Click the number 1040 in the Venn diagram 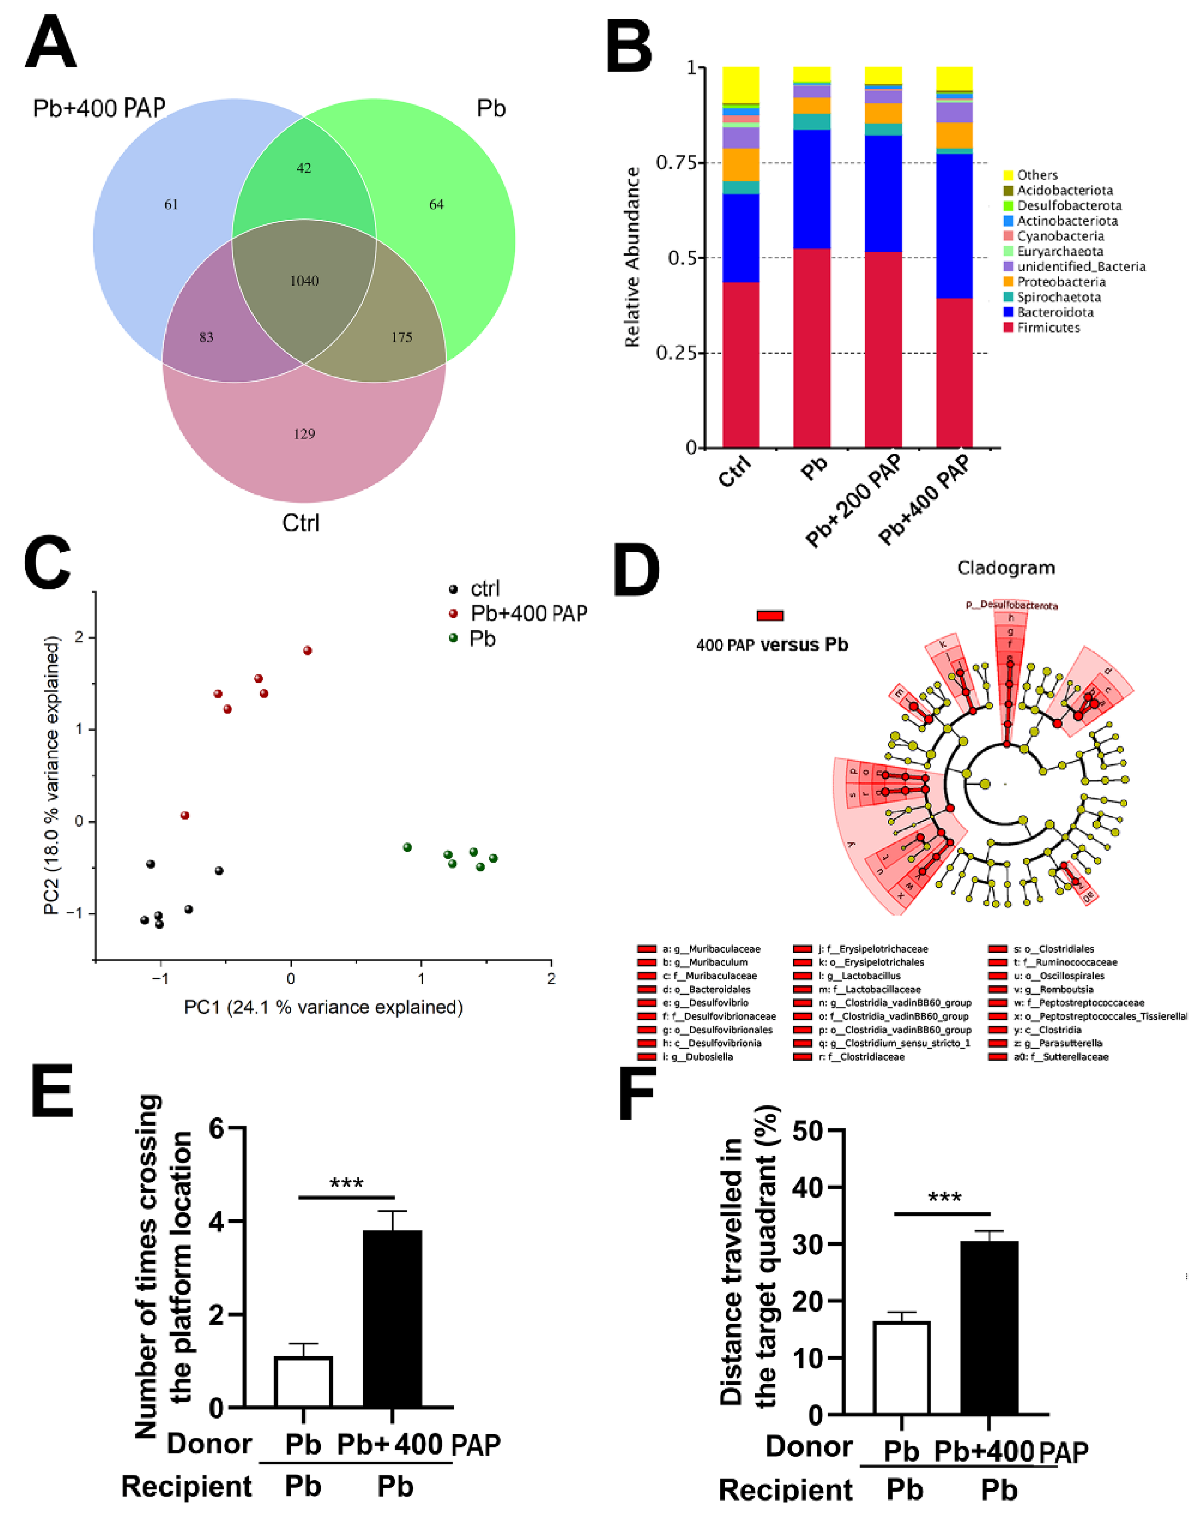(304, 281)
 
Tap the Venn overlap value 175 (401, 337)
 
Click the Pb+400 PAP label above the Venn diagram (99, 108)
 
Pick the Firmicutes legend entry (1048, 328)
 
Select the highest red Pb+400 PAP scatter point (307, 651)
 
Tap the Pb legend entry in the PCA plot (482, 639)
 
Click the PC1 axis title (323, 1008)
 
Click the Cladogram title (1005, 567)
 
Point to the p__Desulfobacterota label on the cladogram (1012, 605)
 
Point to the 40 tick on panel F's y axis (807, 1188)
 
